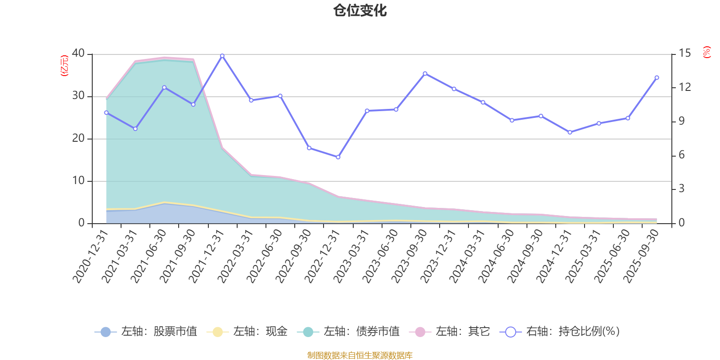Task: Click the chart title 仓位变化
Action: pos(360,10)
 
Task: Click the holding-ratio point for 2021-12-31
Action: pos(222,56)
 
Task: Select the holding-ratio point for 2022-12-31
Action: pos(338,157)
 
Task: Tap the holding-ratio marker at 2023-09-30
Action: pos(425,73)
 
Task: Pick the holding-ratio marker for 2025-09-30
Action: pos(657,77)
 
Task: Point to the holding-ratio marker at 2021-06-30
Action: pos(164,87)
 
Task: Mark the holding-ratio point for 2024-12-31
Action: pos(570,132)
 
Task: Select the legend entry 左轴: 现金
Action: pos(247,332)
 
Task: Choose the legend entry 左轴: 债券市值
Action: pos(348,332)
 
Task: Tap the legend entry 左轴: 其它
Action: pos(450,332)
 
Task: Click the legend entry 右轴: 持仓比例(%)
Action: pos(560,332)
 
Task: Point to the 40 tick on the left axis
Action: pos(78,53)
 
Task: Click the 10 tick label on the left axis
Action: pos(78,181)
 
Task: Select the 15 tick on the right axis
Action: pos(684,53)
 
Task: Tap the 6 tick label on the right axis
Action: pos(682,155)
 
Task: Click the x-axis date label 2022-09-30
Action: pos(294,256)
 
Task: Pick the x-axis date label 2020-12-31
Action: pos(91,256)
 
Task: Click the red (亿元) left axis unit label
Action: pos(64,66)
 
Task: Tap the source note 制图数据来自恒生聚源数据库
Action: pos(360,355)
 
